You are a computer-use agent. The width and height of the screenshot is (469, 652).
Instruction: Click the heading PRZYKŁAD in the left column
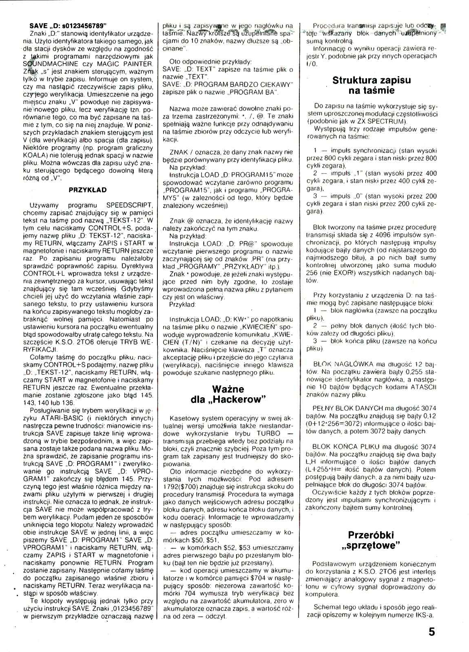click(87, 189)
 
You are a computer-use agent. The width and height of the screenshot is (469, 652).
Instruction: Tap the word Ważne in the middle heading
click(228, 388)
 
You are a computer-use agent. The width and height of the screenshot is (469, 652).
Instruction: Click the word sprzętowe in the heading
click(371, 546)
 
